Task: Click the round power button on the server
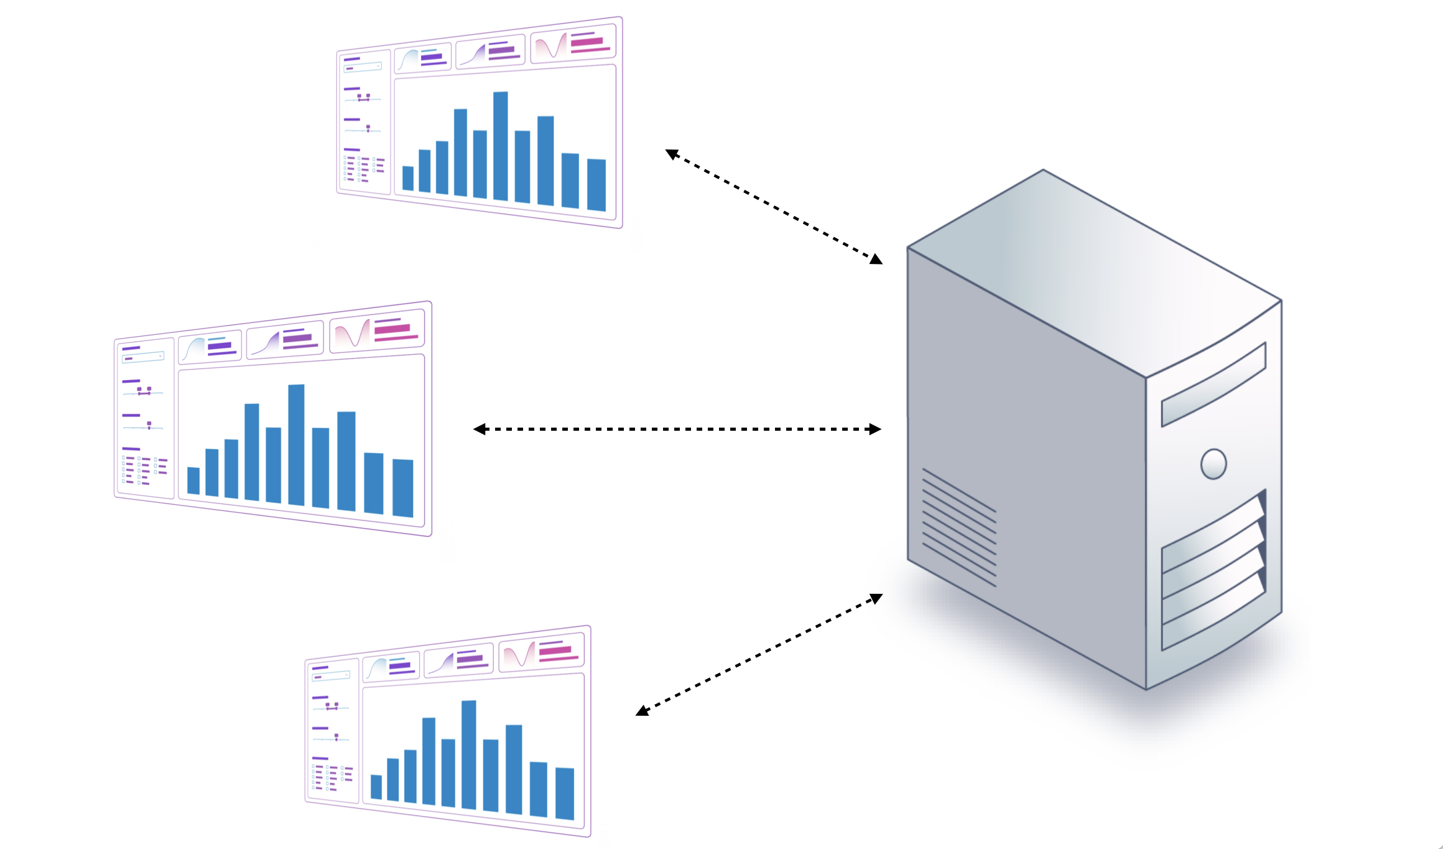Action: pyautogui.click(x=1213, y=464)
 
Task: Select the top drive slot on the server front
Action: pyautogui.click(x=1213, y=385)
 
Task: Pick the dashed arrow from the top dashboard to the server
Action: pyautogui.click(x=774, y=207)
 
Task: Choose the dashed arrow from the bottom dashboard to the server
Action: pyautogui.click(x=759, y=655)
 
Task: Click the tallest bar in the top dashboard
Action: pyautogui.click(x=501, y=146)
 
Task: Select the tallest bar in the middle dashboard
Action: pyautogui.click(x=297, y=444)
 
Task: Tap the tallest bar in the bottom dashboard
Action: pyautogui.click(x=469, y=754)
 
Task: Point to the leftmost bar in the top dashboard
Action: pyautogui.click(x=408, y=178)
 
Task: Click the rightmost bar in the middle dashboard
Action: pyautogui.click(x=403, y=488)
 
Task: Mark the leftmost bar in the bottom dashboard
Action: pyautogui.click(x=376, y=787)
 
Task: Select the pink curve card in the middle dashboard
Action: pyautogui.click(x=377, y=332)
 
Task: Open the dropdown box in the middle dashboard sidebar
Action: pyautogui.click(x=143, y=357)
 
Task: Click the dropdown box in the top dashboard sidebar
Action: pyautogui.click(x=363, y=67)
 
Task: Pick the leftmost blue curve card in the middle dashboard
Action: pyautogui.click(x=210, y=348)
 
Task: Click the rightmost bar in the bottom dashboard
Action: pyautogui.click(x=565, y=794)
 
